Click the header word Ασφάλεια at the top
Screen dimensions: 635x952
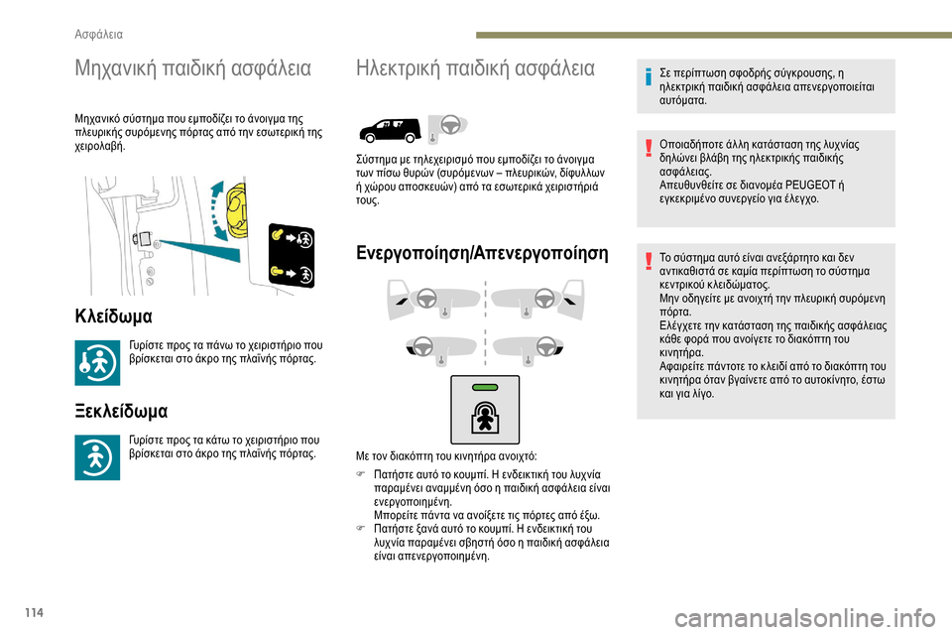click(x=99, y=34)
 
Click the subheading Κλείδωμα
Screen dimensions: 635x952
click(x=113, y=317)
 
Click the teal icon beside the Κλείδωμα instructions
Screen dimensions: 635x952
click(x=97, y=362)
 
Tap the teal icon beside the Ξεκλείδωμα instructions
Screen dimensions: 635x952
click(x=97, y=456)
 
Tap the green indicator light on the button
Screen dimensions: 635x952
click(x=484, y=387)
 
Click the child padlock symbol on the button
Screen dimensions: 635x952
click(x=485, y=417)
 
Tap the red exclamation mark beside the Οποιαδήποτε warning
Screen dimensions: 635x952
click(x=637, y=147)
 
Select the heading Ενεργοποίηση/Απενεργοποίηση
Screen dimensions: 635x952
click(x=482, y=252)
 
